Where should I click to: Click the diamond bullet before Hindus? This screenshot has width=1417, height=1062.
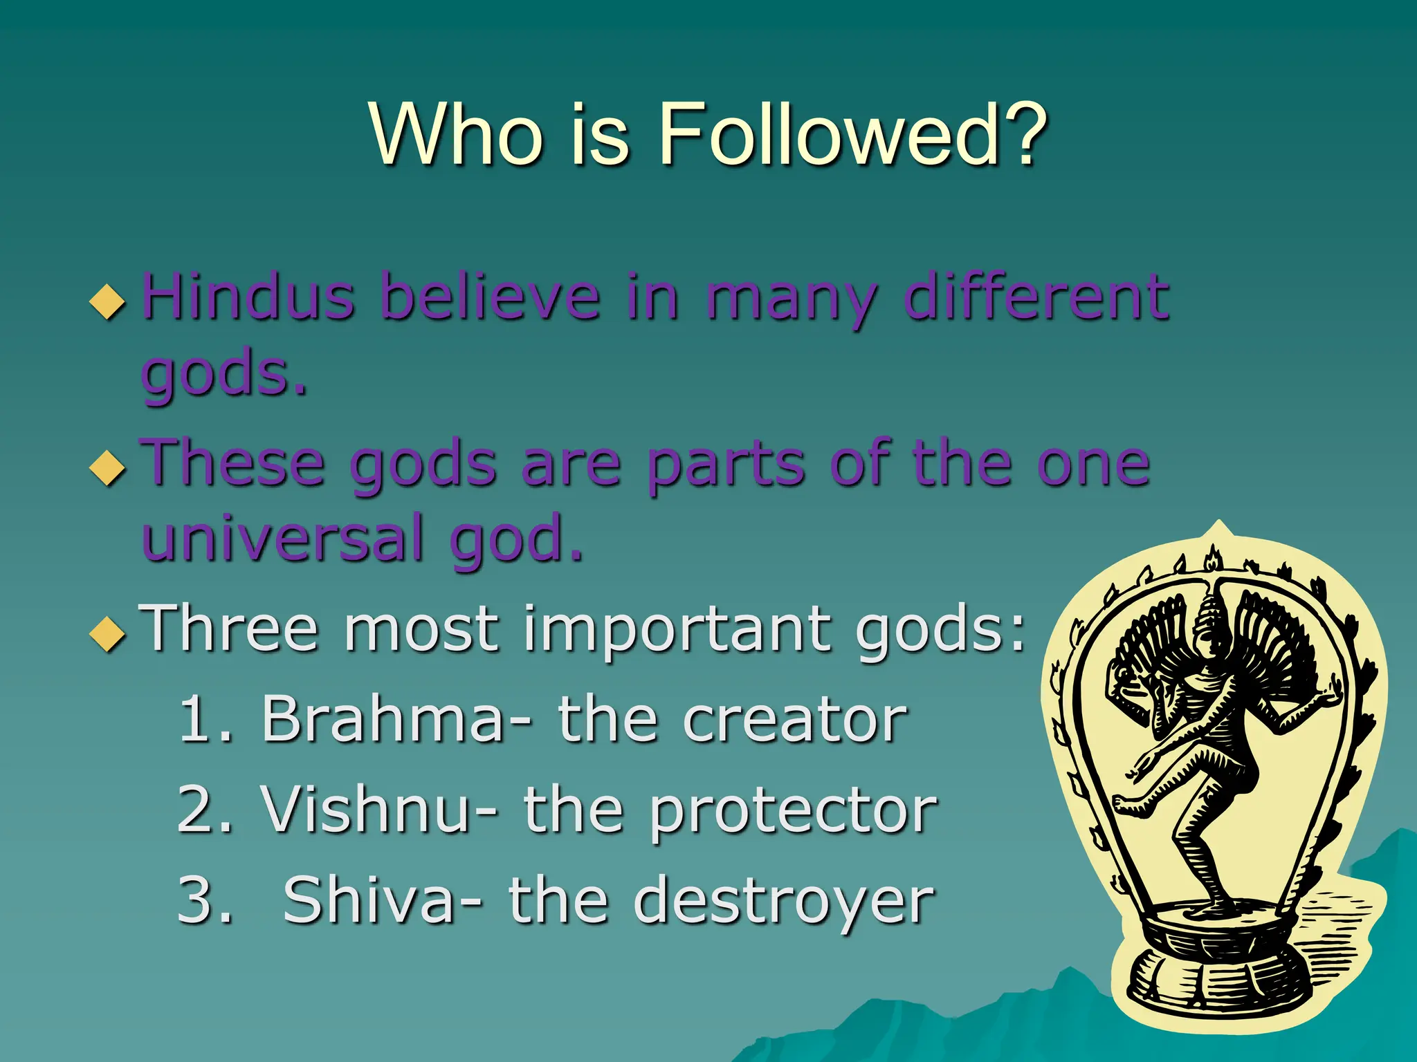click(108, 301)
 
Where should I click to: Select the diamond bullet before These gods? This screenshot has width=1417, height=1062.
click(108, 467)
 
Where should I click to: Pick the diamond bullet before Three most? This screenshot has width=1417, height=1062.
click(108, 633)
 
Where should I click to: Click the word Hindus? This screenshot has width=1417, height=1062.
click(248, 297)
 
